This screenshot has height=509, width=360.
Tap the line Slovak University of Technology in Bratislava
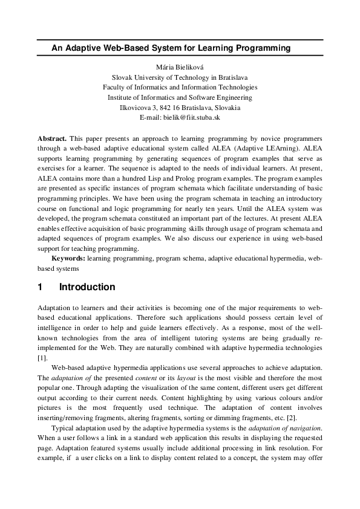tap(180, 77)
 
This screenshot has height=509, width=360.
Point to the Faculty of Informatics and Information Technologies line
tap(180, 87)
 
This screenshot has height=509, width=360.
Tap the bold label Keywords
tap(68, 258)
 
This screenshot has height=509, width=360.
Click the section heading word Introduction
tap(87, 287)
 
